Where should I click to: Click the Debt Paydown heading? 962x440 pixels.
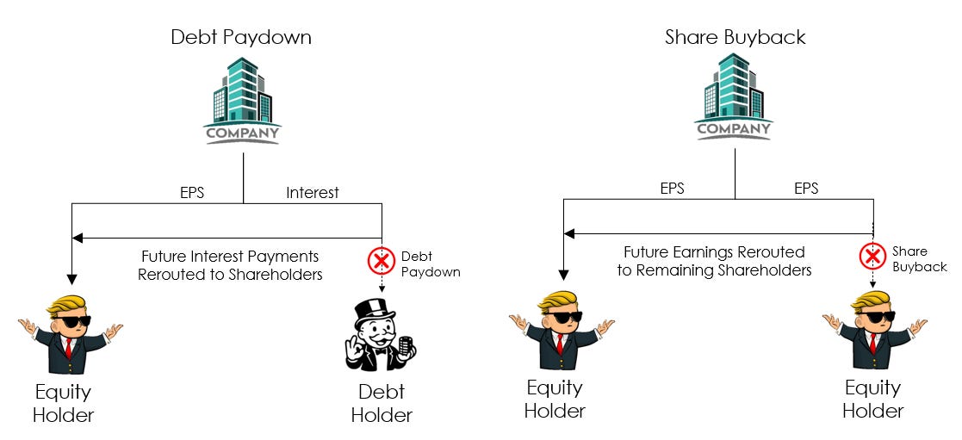[x=240, y=37]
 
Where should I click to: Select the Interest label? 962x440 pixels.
[x=312, y=193]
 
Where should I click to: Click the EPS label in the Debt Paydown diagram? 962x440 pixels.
[x=191, y=193]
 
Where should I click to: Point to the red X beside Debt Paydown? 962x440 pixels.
[x=381, y=259]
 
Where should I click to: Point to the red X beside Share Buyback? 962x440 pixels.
[x=872, y=255]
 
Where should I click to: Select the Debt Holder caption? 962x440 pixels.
[x=382, y=403]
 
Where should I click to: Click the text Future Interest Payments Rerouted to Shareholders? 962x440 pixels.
[x=231, y=265]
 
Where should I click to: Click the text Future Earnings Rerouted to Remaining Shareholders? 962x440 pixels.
[x=714, y=261]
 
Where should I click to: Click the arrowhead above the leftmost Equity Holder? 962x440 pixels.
[x=72, y=277]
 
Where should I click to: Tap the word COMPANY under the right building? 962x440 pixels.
[x=734, y=130]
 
